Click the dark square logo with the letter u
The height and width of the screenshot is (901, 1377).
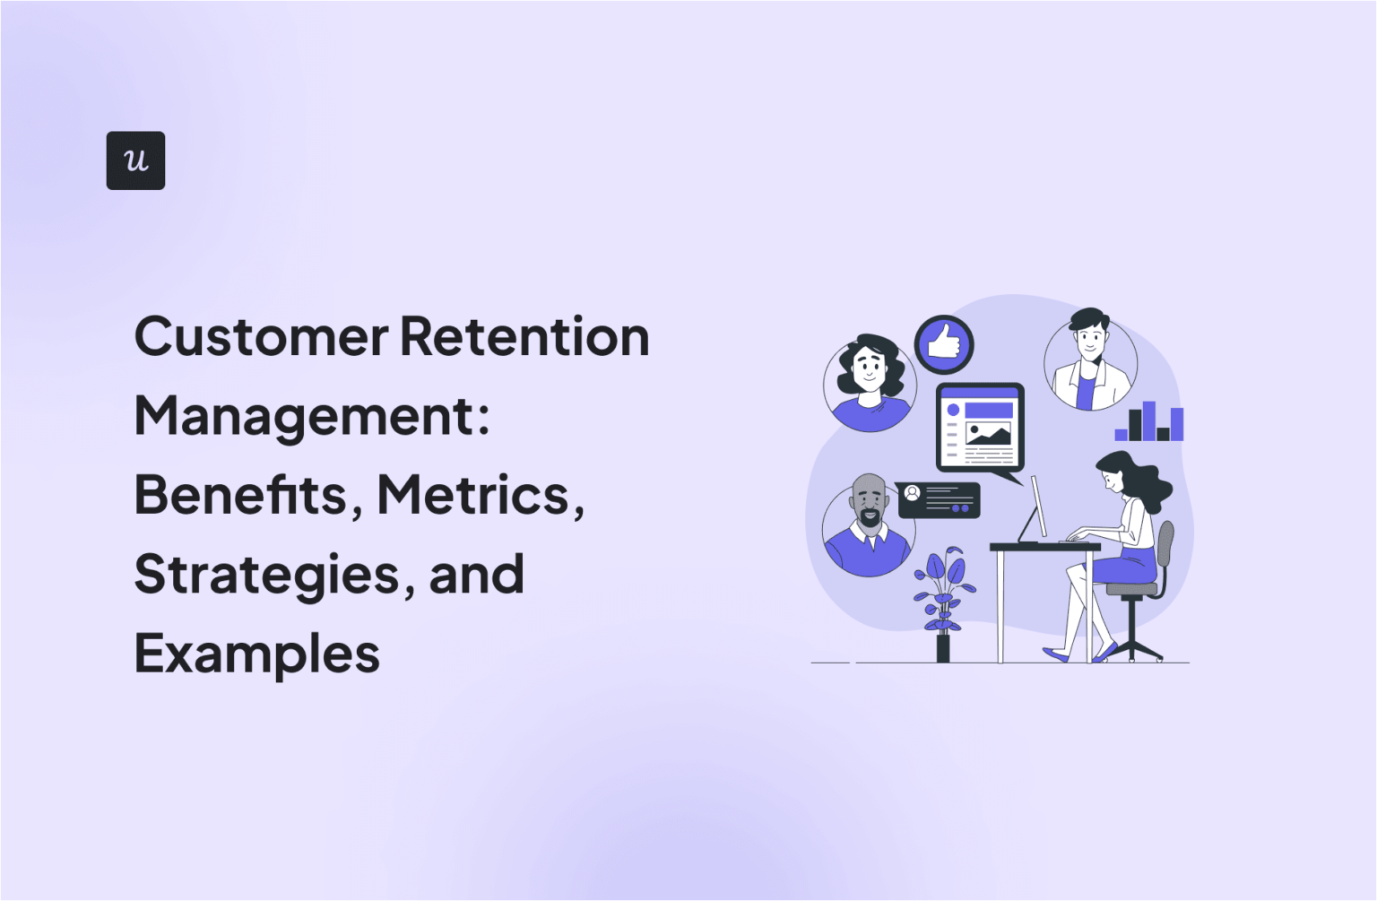(135, 160)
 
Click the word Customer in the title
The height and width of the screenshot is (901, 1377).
(261, 337)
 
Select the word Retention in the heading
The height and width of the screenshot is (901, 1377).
(524, 337)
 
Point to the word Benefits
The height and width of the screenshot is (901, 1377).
(240, 495)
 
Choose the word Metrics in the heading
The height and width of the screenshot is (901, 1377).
(473, 495)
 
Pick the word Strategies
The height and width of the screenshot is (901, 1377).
(266, 575)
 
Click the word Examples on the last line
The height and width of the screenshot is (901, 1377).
(257, 654)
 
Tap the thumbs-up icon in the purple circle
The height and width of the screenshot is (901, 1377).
(944, 344)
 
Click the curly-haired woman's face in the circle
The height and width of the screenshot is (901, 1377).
(869, 368)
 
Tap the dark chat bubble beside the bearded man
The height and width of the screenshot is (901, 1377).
(939, 500)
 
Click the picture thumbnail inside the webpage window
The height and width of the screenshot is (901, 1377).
(988, 435)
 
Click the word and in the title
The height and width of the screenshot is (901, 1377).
(476, 575)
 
